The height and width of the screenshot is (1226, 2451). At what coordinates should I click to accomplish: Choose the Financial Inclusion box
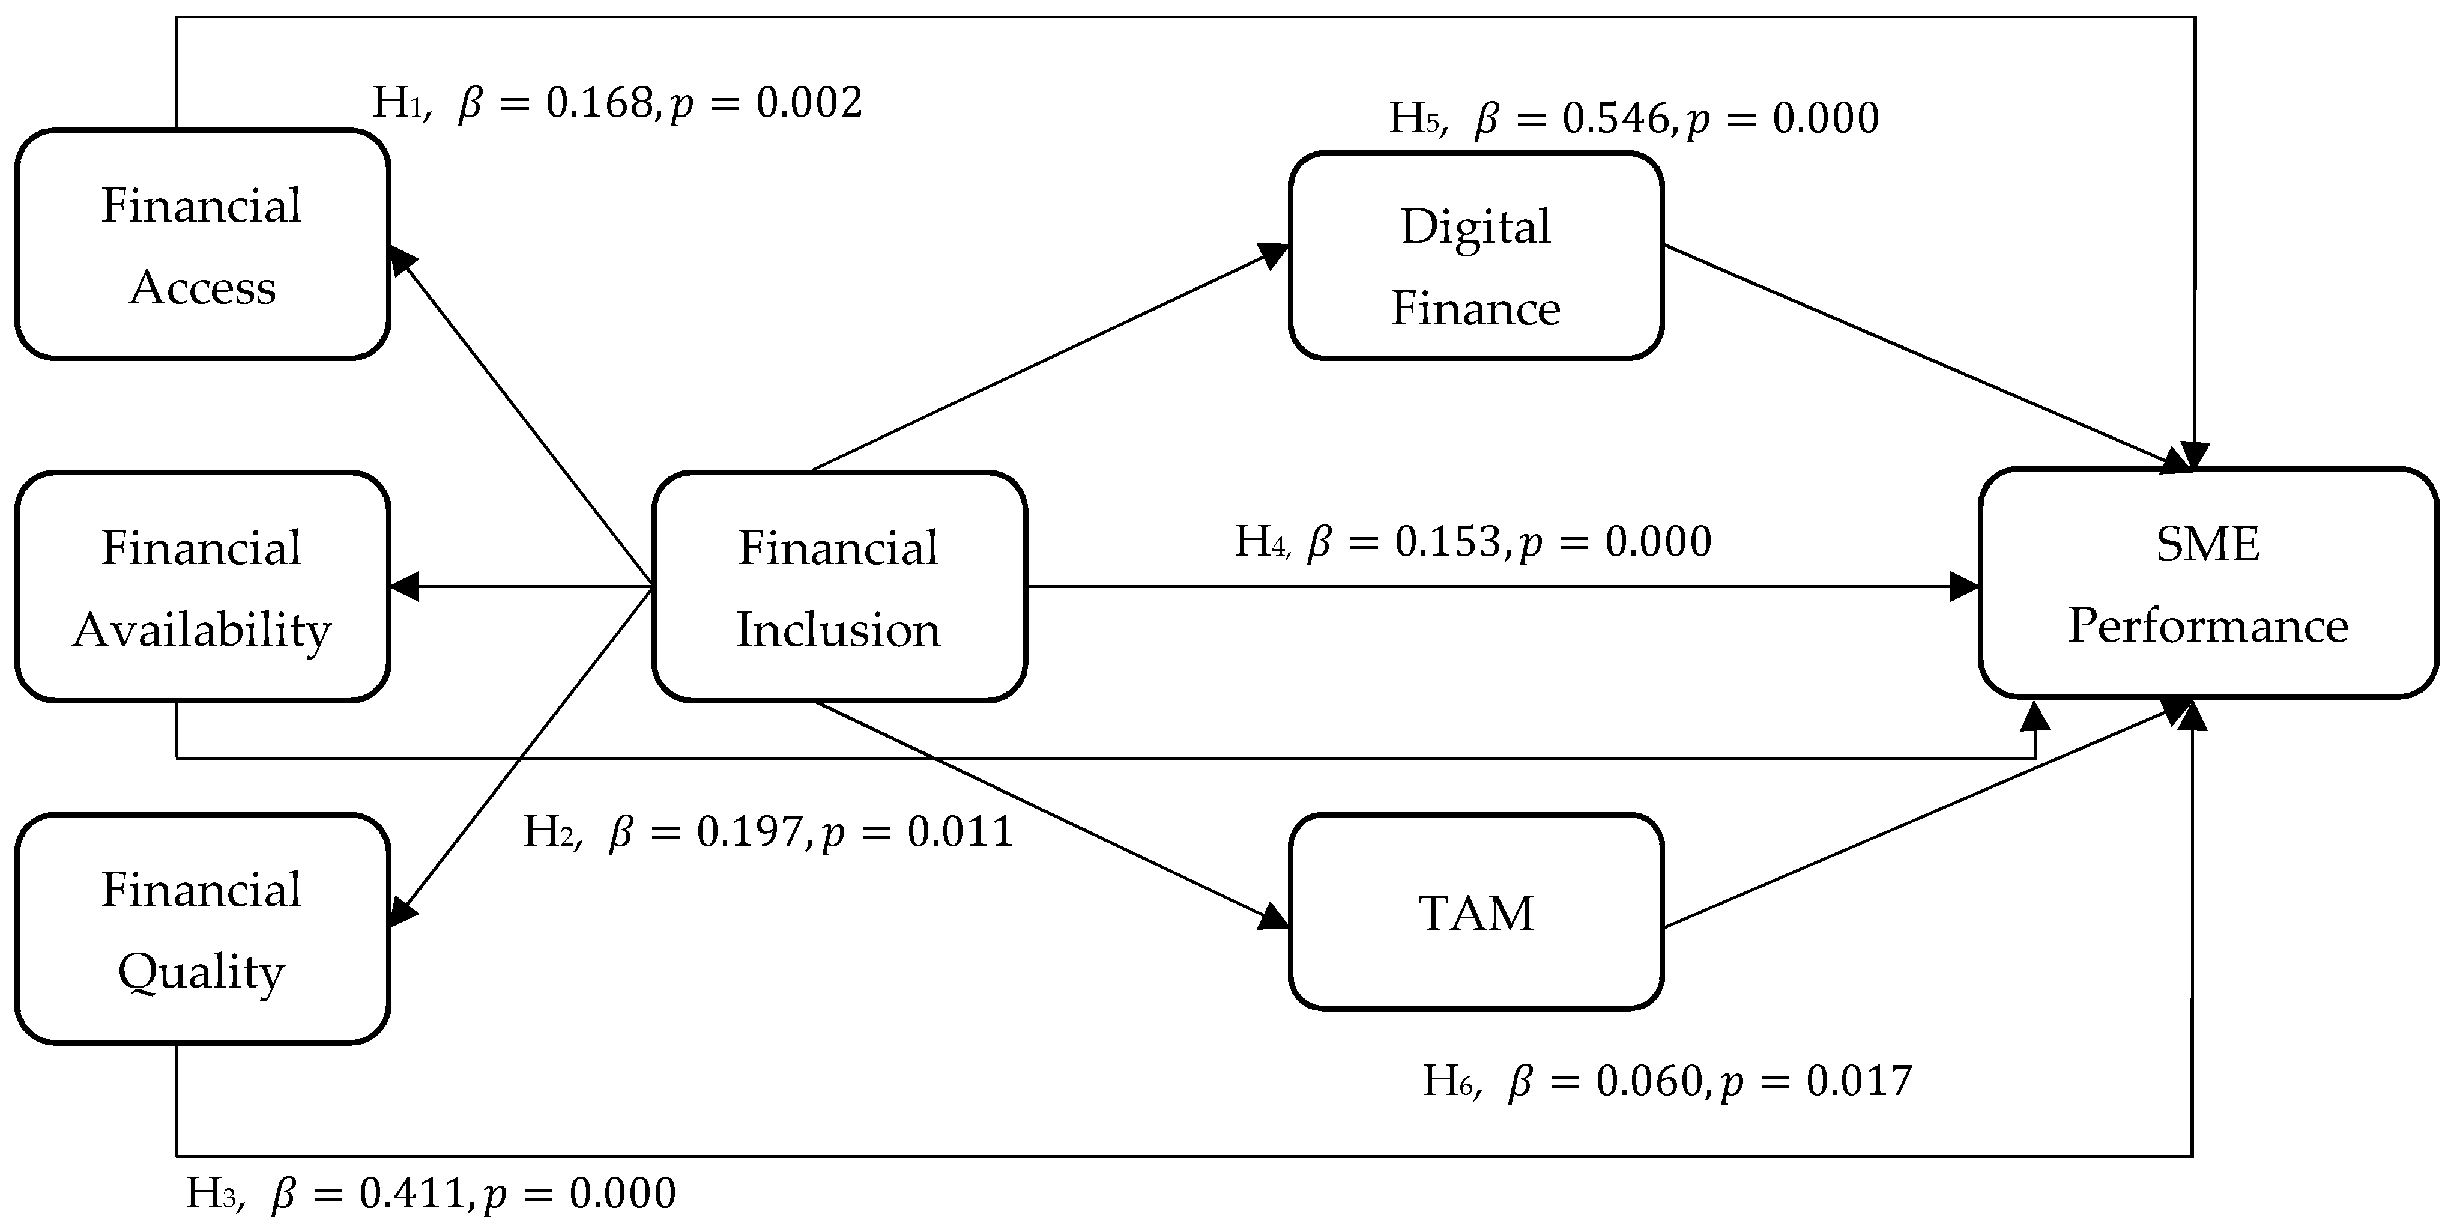[838, 586]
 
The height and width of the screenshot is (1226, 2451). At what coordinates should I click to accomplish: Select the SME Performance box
[2207, 583]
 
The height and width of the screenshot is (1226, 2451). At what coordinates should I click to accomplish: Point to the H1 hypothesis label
[397, 103]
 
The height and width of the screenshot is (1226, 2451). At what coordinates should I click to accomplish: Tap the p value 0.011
[959, 832]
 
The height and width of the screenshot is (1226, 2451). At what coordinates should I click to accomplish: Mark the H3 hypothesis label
[211, 1194]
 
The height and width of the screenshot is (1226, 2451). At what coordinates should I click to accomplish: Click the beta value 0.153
[1448, 542]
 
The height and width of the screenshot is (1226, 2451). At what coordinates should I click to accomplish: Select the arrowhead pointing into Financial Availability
[403, 586]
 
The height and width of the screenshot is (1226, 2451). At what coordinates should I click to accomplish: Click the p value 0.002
[809, 103]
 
